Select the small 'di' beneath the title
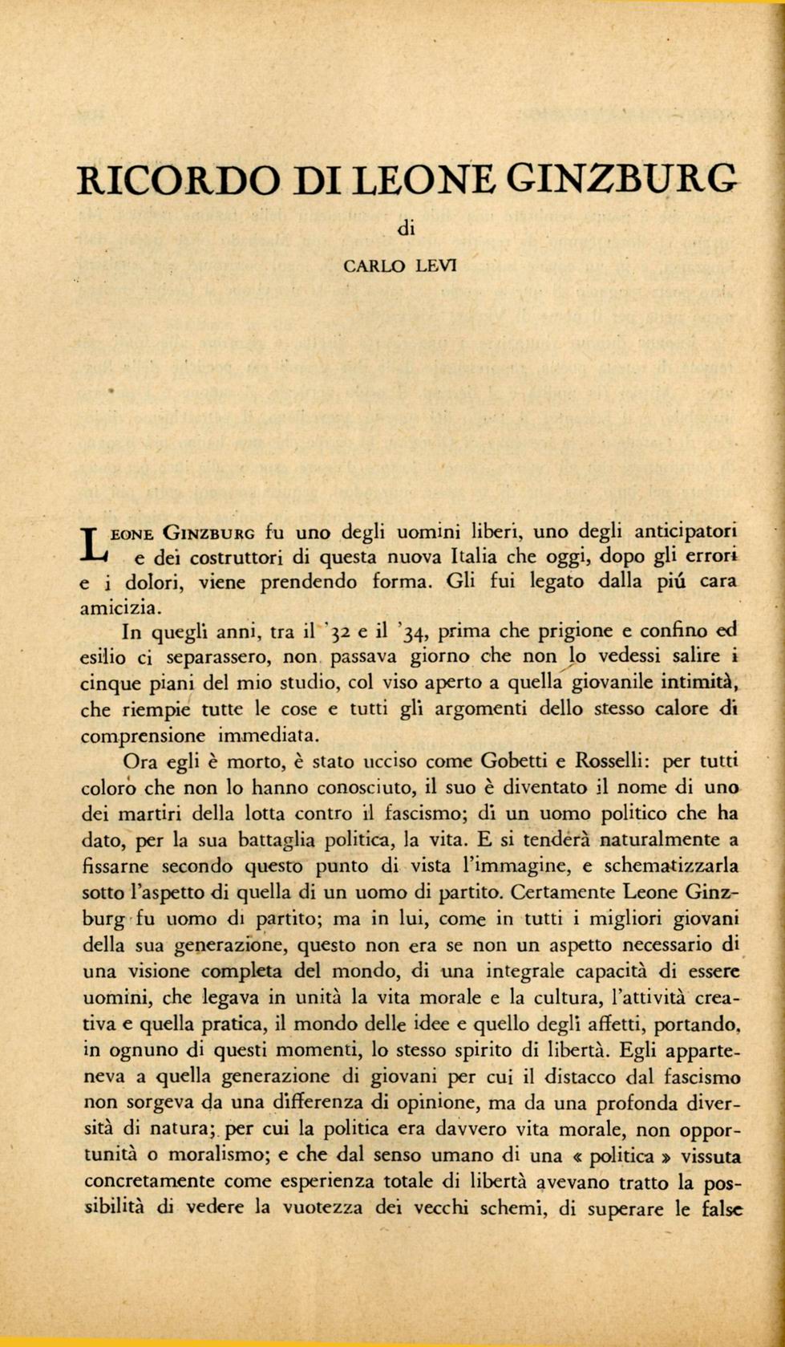point(406,229)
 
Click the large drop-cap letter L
point(94,543)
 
